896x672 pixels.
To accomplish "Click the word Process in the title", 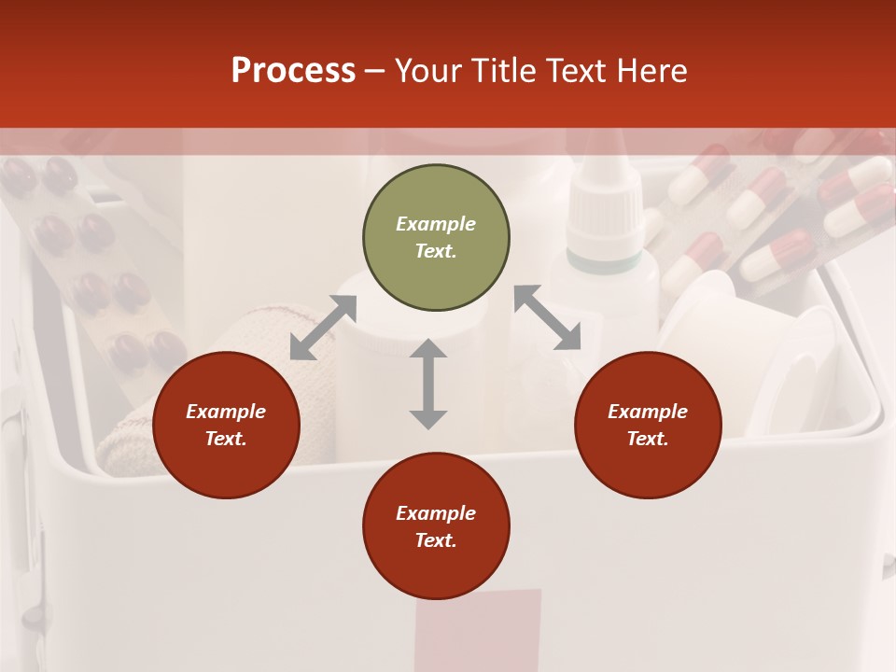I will click(293, 71).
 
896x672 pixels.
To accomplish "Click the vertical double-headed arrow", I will click(428, 384).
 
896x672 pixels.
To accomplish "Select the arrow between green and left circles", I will click(323, 328).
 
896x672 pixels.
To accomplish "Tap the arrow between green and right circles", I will click(548, 318).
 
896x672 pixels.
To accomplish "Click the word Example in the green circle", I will click(436, 224).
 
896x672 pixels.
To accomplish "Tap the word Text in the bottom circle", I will click(436, 540).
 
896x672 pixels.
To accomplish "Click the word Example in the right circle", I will click(648, 412).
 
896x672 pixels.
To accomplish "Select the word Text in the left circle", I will click(226, 439).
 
